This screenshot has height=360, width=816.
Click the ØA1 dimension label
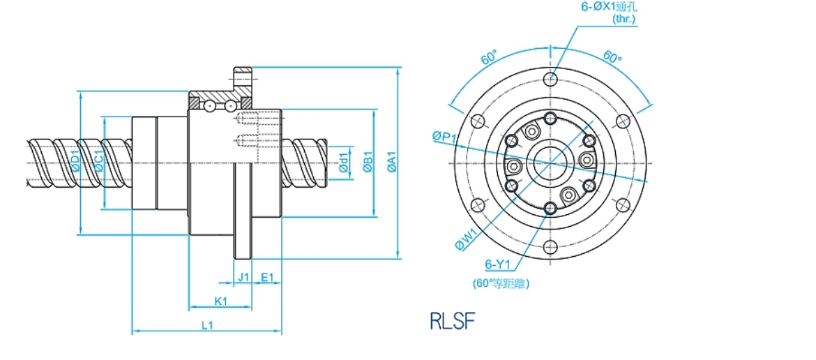391,163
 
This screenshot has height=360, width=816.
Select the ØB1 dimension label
368,163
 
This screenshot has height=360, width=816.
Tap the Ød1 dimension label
343,163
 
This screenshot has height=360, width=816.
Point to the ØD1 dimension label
75,163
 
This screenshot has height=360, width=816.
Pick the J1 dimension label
243,277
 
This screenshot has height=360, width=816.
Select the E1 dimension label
267,277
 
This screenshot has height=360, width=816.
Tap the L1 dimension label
207,325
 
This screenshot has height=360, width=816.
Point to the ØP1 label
444,137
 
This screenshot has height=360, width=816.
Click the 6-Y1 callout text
499,264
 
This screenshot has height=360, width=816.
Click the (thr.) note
623,20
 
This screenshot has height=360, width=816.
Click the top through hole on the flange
551,77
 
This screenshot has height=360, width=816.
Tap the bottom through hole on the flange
551,246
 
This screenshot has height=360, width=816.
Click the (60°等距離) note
500,283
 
